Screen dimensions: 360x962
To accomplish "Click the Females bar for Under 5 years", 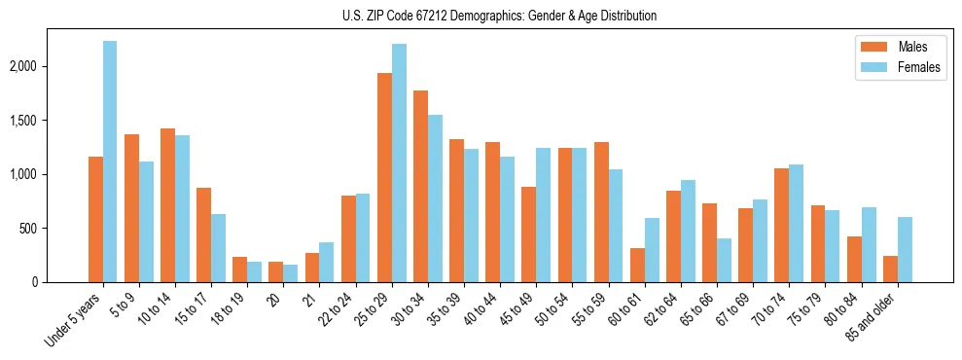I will pos(110,162).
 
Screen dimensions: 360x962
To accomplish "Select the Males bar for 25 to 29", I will pos(384,178).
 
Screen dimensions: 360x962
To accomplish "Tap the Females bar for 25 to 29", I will pos(399,163).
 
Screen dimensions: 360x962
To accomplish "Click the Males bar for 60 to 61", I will pos(637,266).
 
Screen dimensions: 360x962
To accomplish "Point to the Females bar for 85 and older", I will pos(905,250).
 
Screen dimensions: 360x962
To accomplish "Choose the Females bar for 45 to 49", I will pos(543,215).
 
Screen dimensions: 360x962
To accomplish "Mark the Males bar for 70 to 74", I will pos(745,226).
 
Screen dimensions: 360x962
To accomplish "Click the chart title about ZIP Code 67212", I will pos(499,16).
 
